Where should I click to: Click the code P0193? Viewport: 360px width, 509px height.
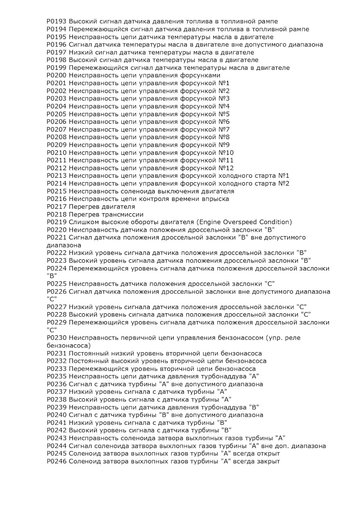(57, 21)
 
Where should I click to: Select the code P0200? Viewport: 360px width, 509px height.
(57, 75)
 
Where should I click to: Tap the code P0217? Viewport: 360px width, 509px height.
(57, 207)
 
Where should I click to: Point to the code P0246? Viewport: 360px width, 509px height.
(57, 461)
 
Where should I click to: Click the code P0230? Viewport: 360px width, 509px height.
(57, 338)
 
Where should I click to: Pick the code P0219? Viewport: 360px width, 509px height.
(57, 222)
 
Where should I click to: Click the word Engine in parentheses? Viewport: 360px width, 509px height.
(208, 222)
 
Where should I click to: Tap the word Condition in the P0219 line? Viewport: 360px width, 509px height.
(276, 222)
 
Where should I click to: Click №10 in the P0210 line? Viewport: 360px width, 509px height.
(226, 153)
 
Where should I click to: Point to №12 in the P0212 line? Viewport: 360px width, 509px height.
(226, 168)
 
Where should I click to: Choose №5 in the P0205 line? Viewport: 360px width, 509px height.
(224, 114)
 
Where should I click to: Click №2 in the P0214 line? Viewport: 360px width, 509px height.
(283, 183)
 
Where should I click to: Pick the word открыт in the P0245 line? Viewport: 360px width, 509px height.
(268, 454)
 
